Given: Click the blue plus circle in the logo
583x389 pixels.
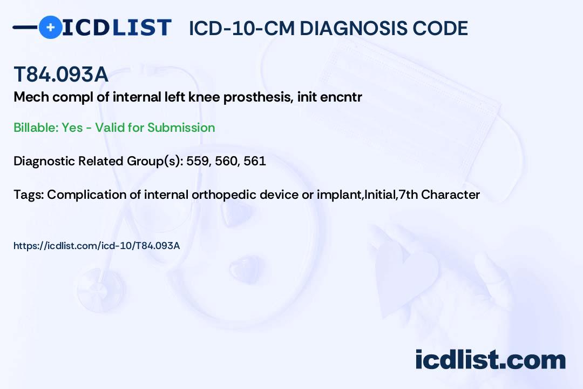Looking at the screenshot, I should [x=50, y=27].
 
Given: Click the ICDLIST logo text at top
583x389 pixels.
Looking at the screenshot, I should [x=117, y=27].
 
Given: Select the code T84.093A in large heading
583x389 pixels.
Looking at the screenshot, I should [x=60, y=75].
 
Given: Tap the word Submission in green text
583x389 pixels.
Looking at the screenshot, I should [x=181, y=128].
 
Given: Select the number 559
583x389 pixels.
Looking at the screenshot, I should [x=197, y=161].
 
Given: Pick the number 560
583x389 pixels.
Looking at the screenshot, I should [x=226, y=161].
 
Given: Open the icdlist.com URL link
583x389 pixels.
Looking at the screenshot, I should [x=97, y=246].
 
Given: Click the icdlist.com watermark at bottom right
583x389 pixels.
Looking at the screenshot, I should [x=490, y=359].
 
